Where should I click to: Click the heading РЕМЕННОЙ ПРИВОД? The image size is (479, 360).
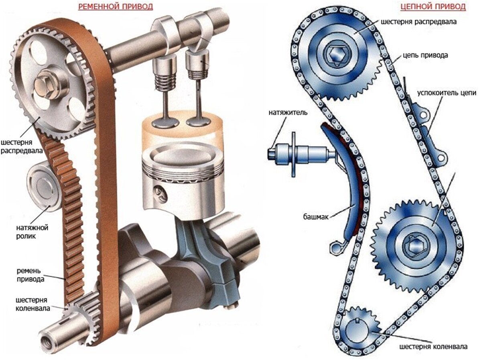coord(116,6)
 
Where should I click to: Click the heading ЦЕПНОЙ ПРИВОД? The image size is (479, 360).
coord(433,6)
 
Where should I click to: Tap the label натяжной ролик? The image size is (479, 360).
coord(32,232)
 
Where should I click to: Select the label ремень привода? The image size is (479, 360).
coord(30,275)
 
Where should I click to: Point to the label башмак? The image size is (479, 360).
coord(316,217)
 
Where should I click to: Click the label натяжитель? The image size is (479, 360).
coord(288,112)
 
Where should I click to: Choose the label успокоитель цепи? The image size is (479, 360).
coord(447,93)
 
